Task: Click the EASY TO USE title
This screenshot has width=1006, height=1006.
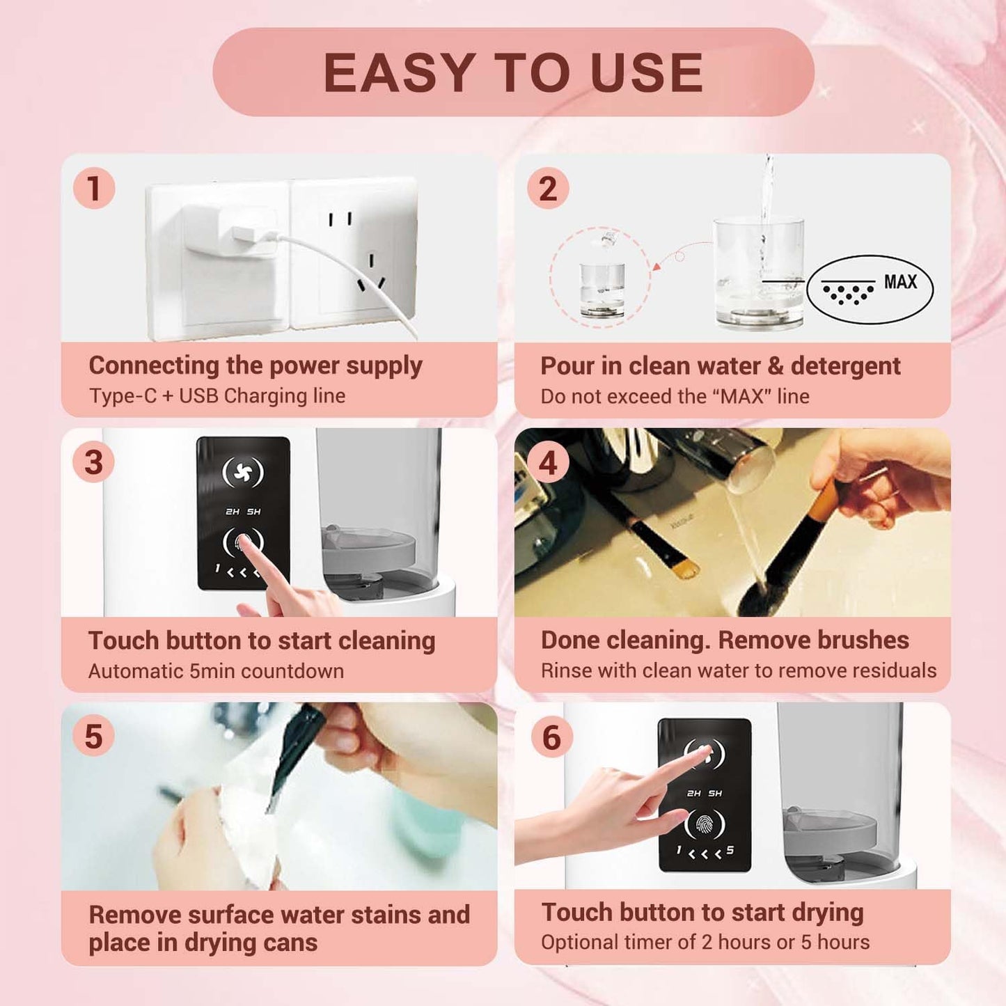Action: (x=513, y=72)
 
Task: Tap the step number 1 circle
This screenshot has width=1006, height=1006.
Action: (x=94, y=188)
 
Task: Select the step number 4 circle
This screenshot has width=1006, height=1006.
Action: (x=548, y=463)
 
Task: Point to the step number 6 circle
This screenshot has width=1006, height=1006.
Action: (x=551, y=737)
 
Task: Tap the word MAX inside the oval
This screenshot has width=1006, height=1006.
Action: (x=900, y=282)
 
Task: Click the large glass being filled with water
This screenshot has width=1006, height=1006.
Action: (x=759, y=275)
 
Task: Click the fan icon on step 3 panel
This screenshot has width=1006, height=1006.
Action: (x=242, y=473)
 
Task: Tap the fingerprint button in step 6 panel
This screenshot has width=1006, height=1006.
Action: (x=705, y=825)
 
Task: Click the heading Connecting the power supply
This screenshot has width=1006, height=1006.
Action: (x=255, y=366)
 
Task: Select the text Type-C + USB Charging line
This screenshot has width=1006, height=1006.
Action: (x=217, y=396)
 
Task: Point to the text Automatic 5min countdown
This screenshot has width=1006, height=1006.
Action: (x=216, y=671)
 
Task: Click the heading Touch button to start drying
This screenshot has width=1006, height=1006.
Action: (x=702, y=912)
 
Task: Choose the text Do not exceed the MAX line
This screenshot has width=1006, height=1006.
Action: (x=675, y=397)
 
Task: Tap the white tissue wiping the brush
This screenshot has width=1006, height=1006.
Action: (x=251, y=828)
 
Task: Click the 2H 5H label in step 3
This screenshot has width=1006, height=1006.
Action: (x=242, y=512)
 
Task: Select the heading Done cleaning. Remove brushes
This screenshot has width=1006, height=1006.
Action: (x=725, y=640)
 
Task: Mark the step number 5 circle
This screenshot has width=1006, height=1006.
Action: (x=94, y=737)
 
